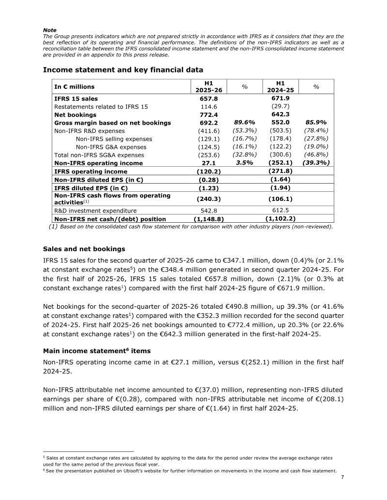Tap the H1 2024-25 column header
[x=280, y=86]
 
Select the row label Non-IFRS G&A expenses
[x=111, y=147]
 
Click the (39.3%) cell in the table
[x=316, y=163]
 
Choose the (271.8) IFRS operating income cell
[x=280, y=171]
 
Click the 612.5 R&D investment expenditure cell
[x=280, y=211]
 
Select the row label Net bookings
[x=75, y=115]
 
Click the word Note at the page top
[x=49, y=30]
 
